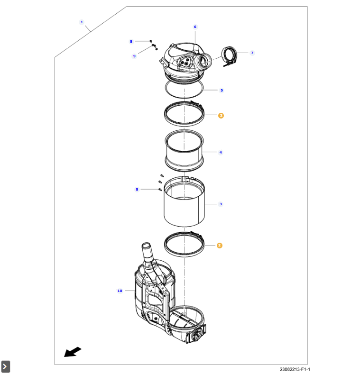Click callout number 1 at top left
pos(82,22)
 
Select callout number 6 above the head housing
pos(195,27)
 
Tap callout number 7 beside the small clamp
pos(252,53)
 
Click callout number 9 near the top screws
pos(134,56)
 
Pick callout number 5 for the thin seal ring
pos(221,90)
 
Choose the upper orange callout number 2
pos(221,115)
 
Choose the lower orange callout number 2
pos(219,246)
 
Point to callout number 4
pos(221,153)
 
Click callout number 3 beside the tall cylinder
pos(221,204)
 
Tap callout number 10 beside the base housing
pos(120,291)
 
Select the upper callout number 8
pos(131,42)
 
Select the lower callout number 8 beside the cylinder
pos(137,190)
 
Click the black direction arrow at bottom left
pos(73,352)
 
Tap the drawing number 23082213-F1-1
pos(295,369)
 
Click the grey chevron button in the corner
pos(5,366)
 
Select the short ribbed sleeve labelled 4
pos(184,153)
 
